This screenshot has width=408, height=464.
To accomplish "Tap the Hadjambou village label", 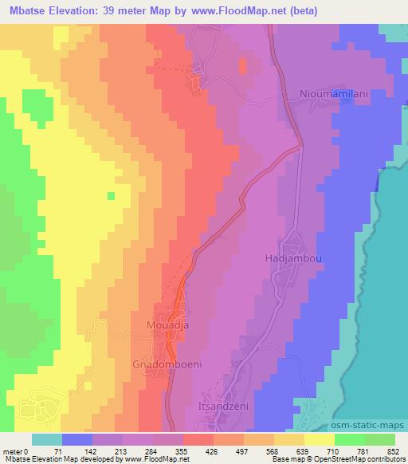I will click(287, 259).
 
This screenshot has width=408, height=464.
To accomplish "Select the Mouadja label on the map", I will click(167, 325).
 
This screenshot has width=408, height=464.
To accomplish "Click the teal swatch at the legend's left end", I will click(47, 439).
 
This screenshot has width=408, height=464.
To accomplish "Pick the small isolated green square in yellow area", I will click(112, 195).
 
